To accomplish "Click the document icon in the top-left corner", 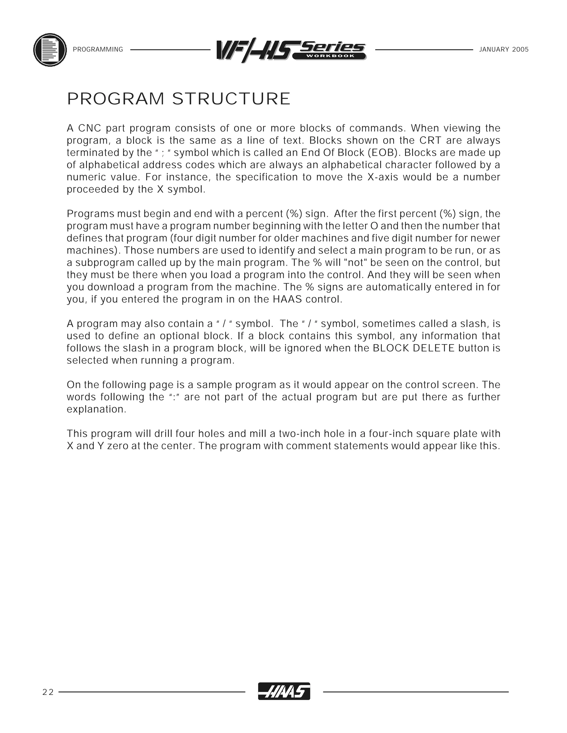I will (50, 50).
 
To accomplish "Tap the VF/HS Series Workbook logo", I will (291, 50).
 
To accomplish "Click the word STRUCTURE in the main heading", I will (231, 99).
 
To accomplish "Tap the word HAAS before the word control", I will (287, 299).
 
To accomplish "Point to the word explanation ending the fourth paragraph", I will (96, 409).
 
